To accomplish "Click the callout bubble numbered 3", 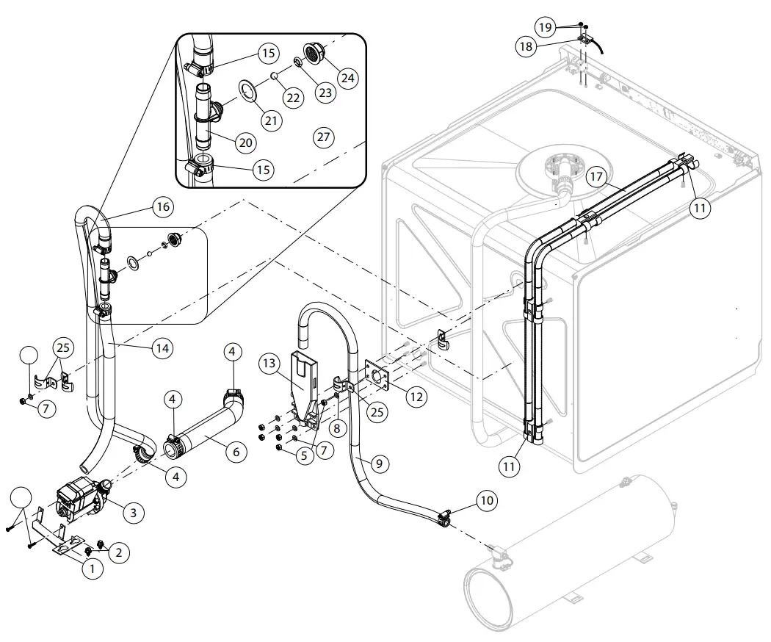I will pyautogui.click(x=132, y=512).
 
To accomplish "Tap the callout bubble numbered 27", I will pyautogui.click(x=323, y=136).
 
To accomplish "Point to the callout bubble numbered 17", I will pyautogui.click(x=596, y=177).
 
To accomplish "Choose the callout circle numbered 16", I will pyautogui.click(x=163, y=206).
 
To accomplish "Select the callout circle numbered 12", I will pyautogui.click(x=416, y=397).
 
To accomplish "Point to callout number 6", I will pyautogui.click(x=236, y=452).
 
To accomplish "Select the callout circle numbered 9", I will pyautogui.click(x=379, y=464).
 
